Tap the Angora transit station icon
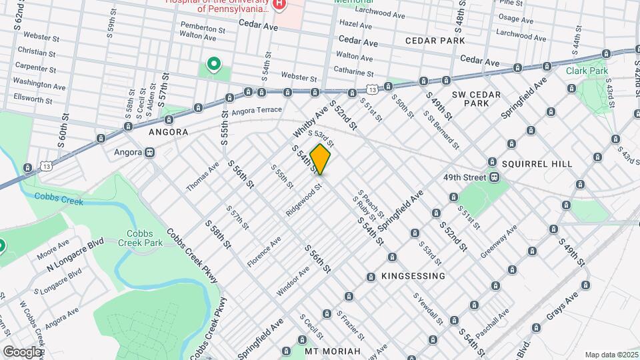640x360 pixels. click(x=150, y=152)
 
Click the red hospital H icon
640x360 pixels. click(x=279, y=4)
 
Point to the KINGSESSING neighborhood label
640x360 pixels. click(x=414, y=275)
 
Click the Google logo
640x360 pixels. click(x=21, y=351)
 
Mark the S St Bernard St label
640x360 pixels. click(x=441, y=129)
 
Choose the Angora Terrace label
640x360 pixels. click(x=259, y=109)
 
